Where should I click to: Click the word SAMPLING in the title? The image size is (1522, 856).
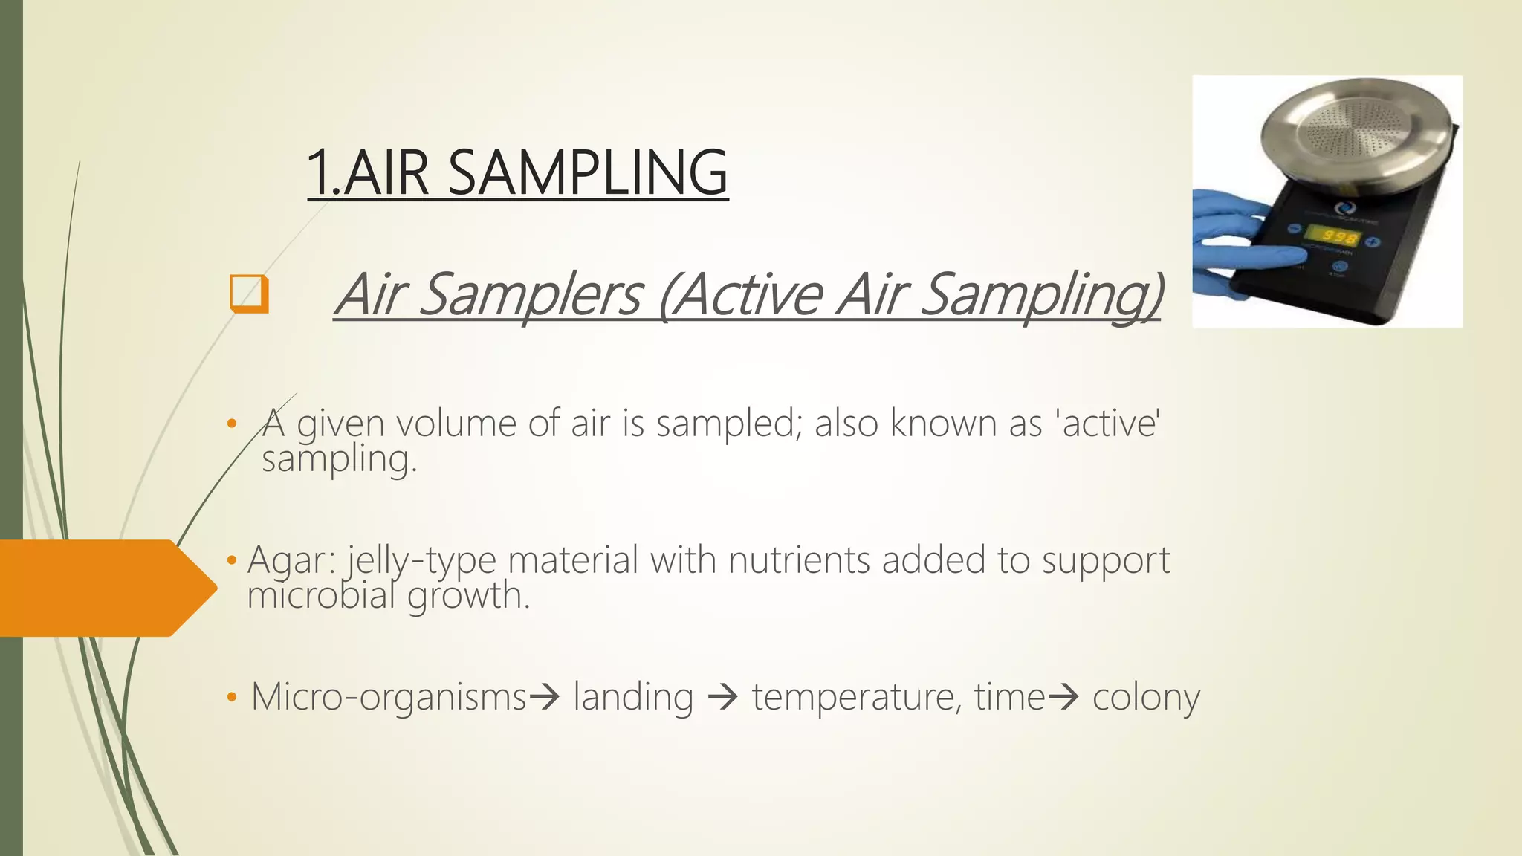pyautogui.click(x=587, y=173)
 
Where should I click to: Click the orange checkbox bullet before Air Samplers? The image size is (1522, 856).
pyautogui.click(x=248, y=294)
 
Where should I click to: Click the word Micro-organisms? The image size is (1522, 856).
pyautogui.click(x=389, y=697)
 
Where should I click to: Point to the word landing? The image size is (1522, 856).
pyautogui.click(x=633, y=697)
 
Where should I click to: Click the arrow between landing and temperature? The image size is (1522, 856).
pyautogui.click(x=722, y=697)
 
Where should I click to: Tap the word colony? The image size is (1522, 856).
pyautogui.click(x=1146, y=697)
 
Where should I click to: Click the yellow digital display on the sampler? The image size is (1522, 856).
pyautogui.click(x=1330, y=237)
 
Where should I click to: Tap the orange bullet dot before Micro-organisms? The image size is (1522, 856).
pyautogui.click(x=232, y=697)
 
